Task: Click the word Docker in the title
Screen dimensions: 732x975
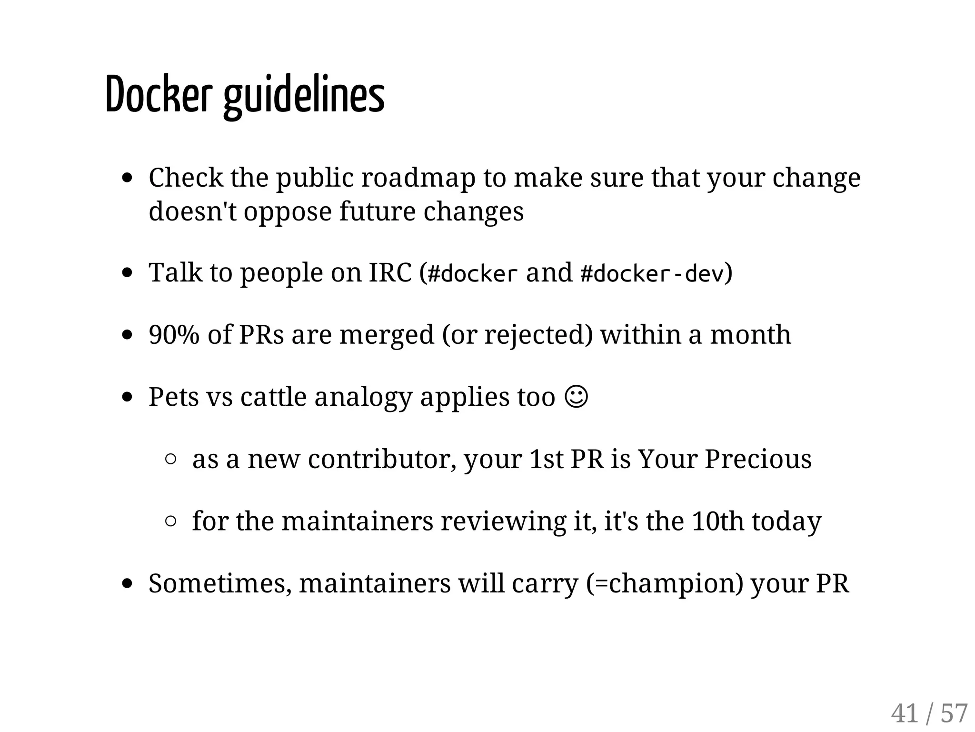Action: tap(158, 95)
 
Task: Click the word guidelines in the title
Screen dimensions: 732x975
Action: tap(304, 97)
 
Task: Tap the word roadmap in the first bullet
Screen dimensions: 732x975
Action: tap(418, 178)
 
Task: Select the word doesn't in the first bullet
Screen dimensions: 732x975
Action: tap(192, 211)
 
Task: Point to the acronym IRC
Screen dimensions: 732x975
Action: tap(390, 273)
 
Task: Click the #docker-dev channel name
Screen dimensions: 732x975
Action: tap(652, 274)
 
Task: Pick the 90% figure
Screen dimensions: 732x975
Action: tap(174, 335)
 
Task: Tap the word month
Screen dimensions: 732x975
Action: tap(750, 335)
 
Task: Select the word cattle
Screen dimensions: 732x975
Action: tap(273, 397)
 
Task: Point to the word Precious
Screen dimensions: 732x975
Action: tap(758, 459)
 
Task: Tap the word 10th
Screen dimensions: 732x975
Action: tap(717, 521)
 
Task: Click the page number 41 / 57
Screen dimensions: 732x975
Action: tap(929, 713)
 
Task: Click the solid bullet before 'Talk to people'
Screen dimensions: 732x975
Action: tap(127, 273)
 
